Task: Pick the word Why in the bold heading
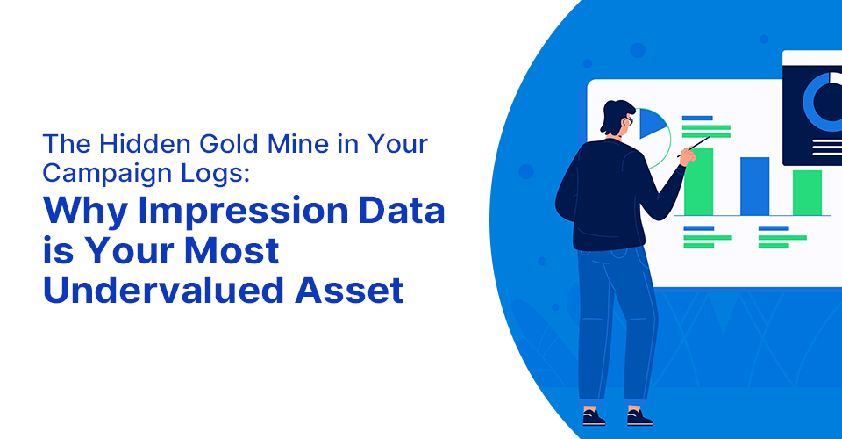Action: tap(86, 212)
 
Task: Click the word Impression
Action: tap(243, 212)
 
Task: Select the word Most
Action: tap(232, 250)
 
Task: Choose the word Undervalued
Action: tap(163, 290)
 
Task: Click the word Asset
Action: tap(349, 290)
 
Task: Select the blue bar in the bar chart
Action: tap(754, 186)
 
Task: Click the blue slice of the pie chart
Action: tap(652, 123)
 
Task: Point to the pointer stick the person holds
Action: tap(694, 146)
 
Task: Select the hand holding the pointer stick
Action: tap(688, 155)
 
